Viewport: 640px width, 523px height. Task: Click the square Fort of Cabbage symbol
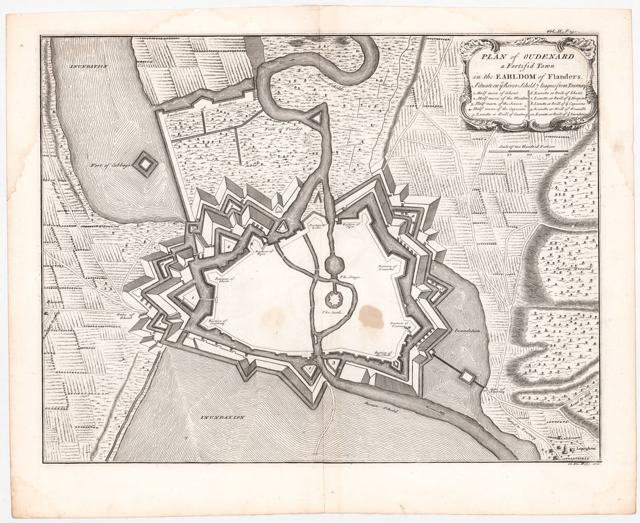coord(145,165)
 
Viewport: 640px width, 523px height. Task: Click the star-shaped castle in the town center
coord(333,300)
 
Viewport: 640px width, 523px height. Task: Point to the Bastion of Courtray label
coord(216,322)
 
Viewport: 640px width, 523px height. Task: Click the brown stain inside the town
coord(371,316)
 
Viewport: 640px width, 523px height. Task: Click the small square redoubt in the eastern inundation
coord(468,376)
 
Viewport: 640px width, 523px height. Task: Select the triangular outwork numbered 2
coord(309,368)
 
